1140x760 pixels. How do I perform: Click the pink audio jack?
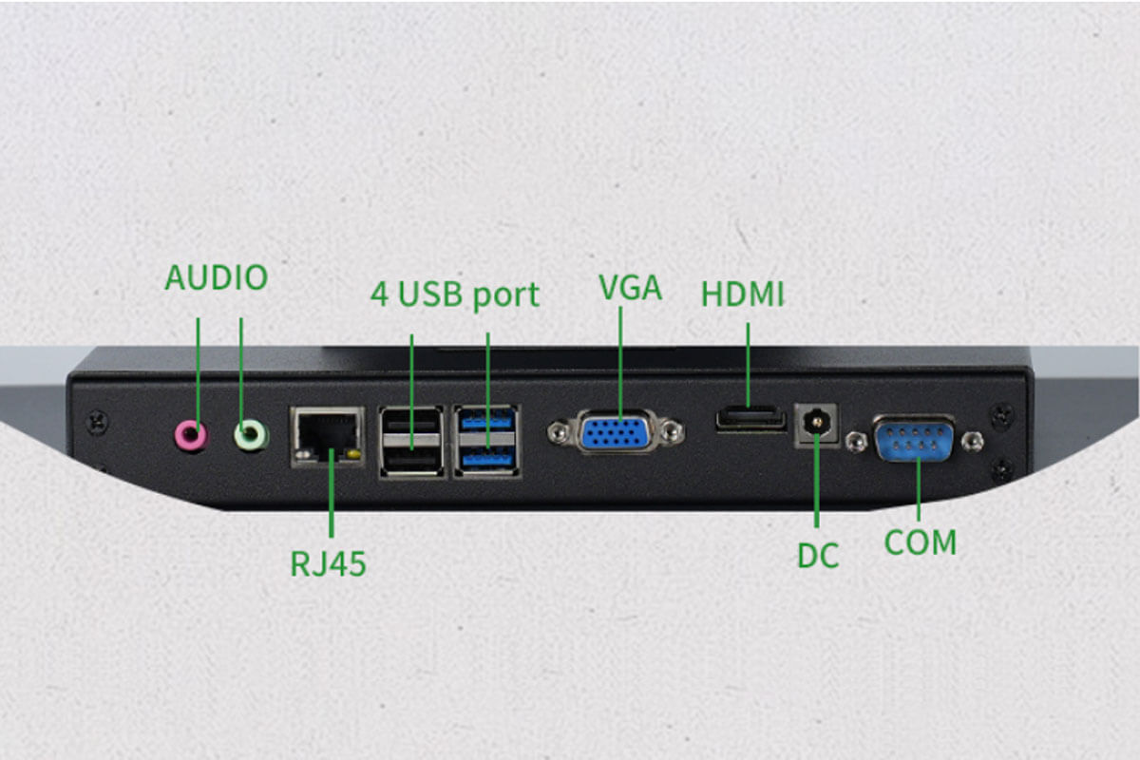pos(191,435)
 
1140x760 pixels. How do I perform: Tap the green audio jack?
pos(250,435)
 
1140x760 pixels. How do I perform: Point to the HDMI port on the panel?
pos(750,419)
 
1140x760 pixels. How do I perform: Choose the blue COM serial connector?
pos(914,439)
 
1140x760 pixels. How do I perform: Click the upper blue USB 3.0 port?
pos(487,421)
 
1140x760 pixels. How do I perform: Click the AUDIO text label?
pos(217,278)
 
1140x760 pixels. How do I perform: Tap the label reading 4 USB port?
pos(454,294)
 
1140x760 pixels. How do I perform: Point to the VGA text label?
pos(631,288)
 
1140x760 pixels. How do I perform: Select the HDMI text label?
pos(743,294)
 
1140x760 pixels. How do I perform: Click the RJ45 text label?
pos(328,564)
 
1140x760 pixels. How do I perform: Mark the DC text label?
pos(818,556)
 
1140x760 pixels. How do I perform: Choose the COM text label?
pos(920,542)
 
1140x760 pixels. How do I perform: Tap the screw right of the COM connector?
pos(971,440)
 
